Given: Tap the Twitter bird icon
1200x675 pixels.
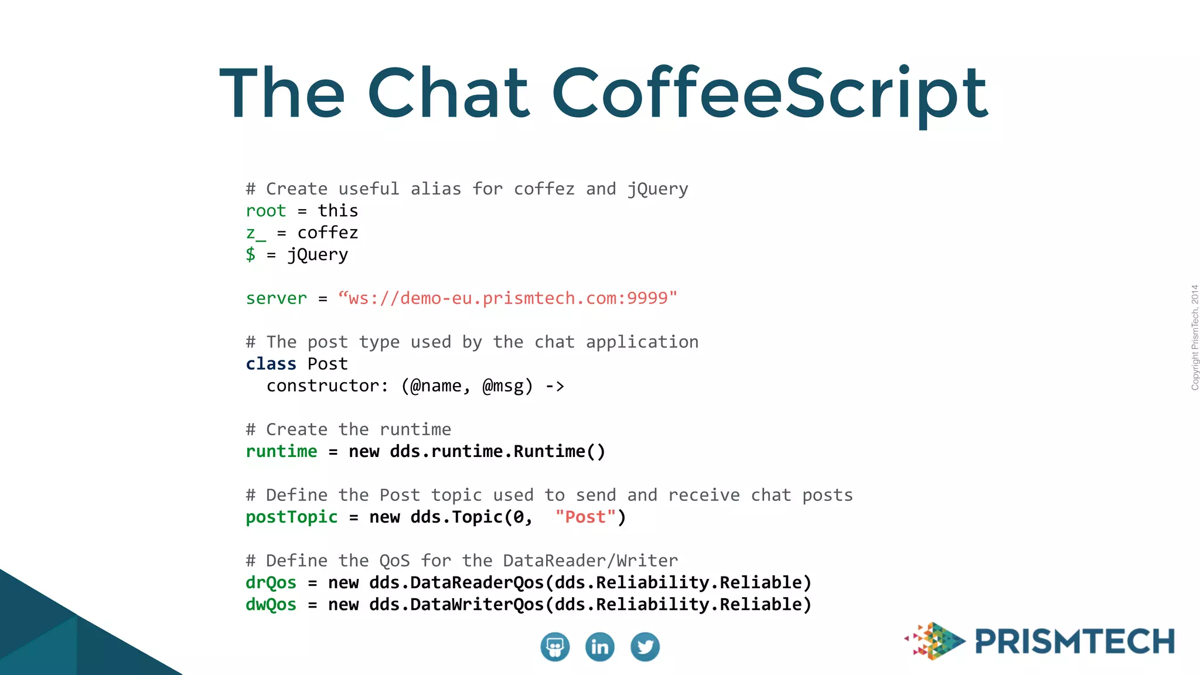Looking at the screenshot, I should (645, 647).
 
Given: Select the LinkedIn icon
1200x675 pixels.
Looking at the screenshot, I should (599, 647).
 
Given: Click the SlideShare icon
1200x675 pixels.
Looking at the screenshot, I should (554, 647).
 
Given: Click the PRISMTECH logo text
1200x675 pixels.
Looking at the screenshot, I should (1075, 641).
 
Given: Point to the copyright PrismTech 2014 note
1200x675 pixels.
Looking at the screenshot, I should (1195, 337).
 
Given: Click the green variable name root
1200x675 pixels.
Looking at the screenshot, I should (265, 211).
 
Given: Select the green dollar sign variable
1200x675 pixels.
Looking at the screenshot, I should (251, 254).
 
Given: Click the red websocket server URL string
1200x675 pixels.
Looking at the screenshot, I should (507, 298).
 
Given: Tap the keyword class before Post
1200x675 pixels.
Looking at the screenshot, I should (271, 364).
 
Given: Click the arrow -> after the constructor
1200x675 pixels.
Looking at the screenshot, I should (554, 386).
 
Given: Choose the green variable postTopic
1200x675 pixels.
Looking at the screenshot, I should (291, 517).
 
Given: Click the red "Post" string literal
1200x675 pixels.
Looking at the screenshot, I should (585, 517).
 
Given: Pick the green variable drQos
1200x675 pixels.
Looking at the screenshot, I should (271, 583).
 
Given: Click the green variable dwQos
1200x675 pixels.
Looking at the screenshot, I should (271, 605).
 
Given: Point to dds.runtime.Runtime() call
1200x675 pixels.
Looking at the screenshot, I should (497, 452).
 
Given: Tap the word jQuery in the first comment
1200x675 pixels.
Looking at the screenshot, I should (657, 189).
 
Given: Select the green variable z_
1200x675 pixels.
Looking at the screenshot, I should (255, 233).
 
